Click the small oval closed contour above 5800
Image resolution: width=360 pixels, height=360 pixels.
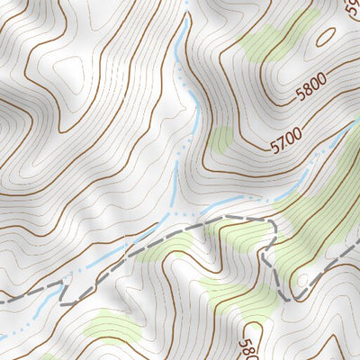(326, 37)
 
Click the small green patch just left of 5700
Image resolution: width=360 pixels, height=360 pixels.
(220, 138)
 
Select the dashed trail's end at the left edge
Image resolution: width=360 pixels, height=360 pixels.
(3, 301)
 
